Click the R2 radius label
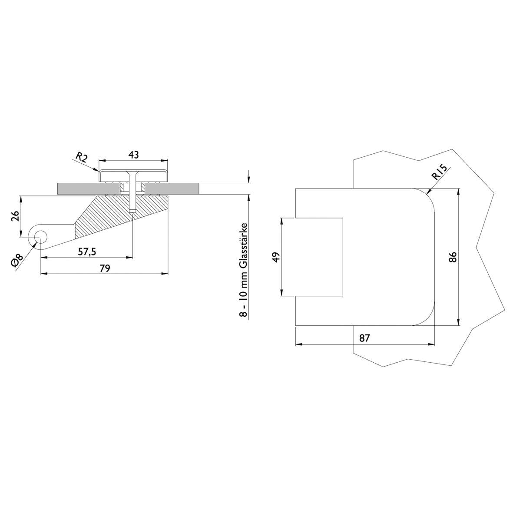pos(82,157)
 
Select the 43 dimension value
pos(133,155)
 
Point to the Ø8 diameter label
pos(17,261)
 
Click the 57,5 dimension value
pos(87,252)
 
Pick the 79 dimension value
pos(105,268)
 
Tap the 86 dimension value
pos(453,257)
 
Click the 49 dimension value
pos(276,257)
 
